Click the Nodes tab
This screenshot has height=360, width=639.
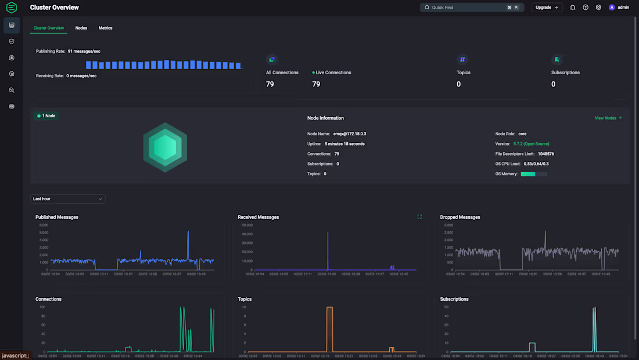point(81,28)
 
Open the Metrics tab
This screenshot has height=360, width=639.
point(105,28)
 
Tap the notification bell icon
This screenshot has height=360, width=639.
point(573,8)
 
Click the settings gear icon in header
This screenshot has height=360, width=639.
point(598,8)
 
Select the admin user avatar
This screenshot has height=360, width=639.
point(612,8)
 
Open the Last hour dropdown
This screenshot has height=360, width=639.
point(67,199)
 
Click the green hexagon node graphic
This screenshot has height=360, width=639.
point(165,147)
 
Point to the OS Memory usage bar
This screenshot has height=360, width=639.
point(534,174)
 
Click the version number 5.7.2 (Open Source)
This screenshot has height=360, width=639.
point(531,143)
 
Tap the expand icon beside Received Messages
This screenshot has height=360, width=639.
point(419,217)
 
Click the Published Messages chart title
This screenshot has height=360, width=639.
point(57,217)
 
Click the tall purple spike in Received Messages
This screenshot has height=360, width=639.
point(328,250)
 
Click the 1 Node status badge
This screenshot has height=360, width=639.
point(46,116)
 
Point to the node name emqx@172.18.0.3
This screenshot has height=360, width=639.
point(350,134)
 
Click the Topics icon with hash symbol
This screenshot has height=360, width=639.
point(462,59)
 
